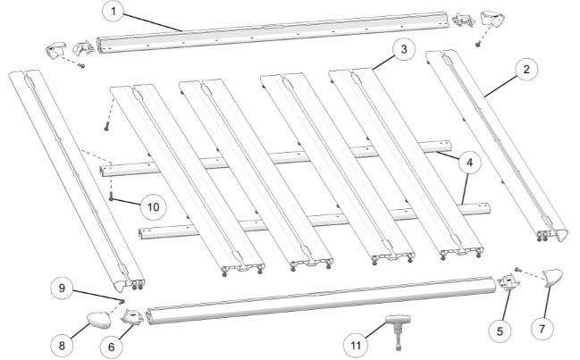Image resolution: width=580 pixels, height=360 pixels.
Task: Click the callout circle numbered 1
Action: point(113,12)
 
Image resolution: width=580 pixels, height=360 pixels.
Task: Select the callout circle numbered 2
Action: point(526,69)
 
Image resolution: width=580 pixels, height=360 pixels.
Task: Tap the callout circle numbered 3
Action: point(404,49)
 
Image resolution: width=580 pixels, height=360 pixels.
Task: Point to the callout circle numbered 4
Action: point(469,162)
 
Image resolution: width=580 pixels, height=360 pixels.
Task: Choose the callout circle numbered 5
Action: point(500,331)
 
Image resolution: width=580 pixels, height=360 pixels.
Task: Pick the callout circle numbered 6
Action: point(112,347)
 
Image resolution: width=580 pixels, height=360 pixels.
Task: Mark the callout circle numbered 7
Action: point(542,328)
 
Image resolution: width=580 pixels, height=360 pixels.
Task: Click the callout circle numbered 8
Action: point(62,346)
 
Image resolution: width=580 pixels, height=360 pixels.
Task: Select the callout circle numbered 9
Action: point(62,288)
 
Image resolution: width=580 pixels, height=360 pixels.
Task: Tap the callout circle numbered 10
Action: point(153,206)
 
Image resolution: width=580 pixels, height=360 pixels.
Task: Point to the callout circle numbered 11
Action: point(356,345)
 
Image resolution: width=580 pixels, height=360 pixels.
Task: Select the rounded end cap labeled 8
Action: point(99,320)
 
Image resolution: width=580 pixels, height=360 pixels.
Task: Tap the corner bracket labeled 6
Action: point(132,317)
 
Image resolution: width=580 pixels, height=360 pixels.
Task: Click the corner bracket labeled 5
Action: point(509,283)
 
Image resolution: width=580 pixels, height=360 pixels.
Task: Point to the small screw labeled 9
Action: point(122,301)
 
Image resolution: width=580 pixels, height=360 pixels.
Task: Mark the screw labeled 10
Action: point(111,198)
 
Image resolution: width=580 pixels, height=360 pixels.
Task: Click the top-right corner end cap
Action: point(492,20)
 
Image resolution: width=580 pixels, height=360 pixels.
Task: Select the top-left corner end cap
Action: point(55,50)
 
